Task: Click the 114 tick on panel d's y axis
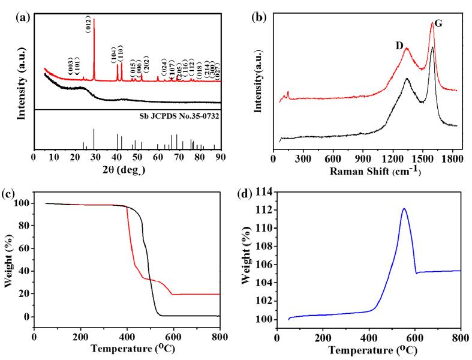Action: (x=264, y=192)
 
